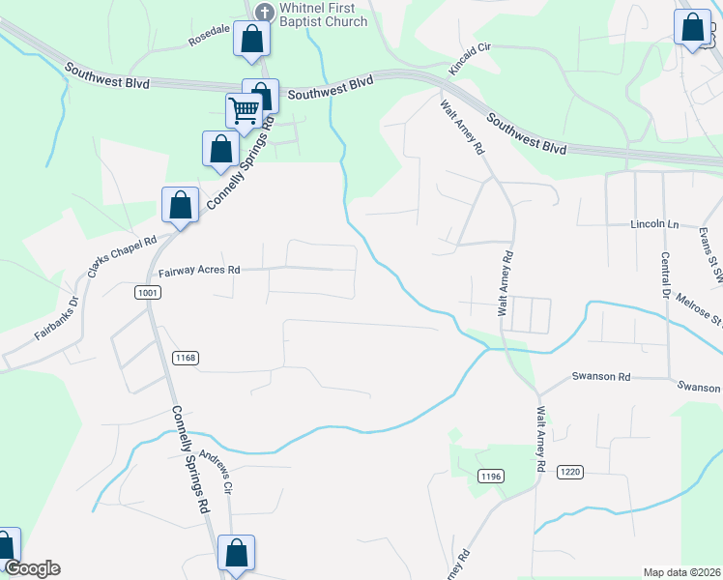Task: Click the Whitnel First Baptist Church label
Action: [x=323, y=14]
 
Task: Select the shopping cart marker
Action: [x=245, y=110]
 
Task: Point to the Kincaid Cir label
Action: [x=471, y=58]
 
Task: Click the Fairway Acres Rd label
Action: [x=198, y=272]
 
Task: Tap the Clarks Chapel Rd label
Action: [x=122, y=256]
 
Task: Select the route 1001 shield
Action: [x=148, y=292]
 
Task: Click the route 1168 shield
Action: [x=186, y=358]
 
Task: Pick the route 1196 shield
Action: [x=491, y=475]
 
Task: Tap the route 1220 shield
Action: [x=569, y=471]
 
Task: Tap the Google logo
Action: [x=31, y=568]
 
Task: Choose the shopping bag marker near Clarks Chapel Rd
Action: [x=181, y=205]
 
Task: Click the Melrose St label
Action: [x=700, y=311]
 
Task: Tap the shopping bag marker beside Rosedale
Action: [x=251, y=40]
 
